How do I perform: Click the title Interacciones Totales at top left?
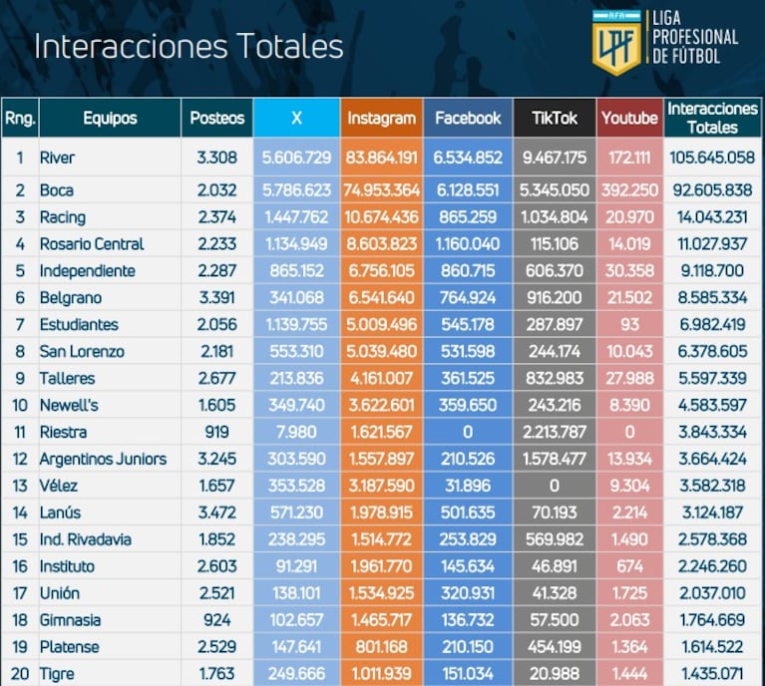(x=189, y=47)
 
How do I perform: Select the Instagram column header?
(x=381, y=118)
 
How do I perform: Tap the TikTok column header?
(x=555, y=118)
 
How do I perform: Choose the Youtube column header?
(x=629, y=118)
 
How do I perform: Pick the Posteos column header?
(x=217, y=118)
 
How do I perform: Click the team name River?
(x=57, y=158)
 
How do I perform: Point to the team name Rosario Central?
(x=92, y=243)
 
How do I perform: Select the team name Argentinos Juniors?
(x=103, y=459)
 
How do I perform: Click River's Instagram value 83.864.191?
(x=381, y=158)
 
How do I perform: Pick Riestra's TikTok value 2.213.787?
(x=554, y=432)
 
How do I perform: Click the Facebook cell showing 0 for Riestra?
(x=468, y=432)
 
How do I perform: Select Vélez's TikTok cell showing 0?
(x=554, y=486)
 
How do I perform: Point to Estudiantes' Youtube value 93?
(x=629, y=324)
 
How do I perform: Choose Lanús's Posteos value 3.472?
(x=217, y=513)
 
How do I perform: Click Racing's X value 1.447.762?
(x=296, y=216)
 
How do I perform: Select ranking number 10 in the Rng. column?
(x=19, y=405)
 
